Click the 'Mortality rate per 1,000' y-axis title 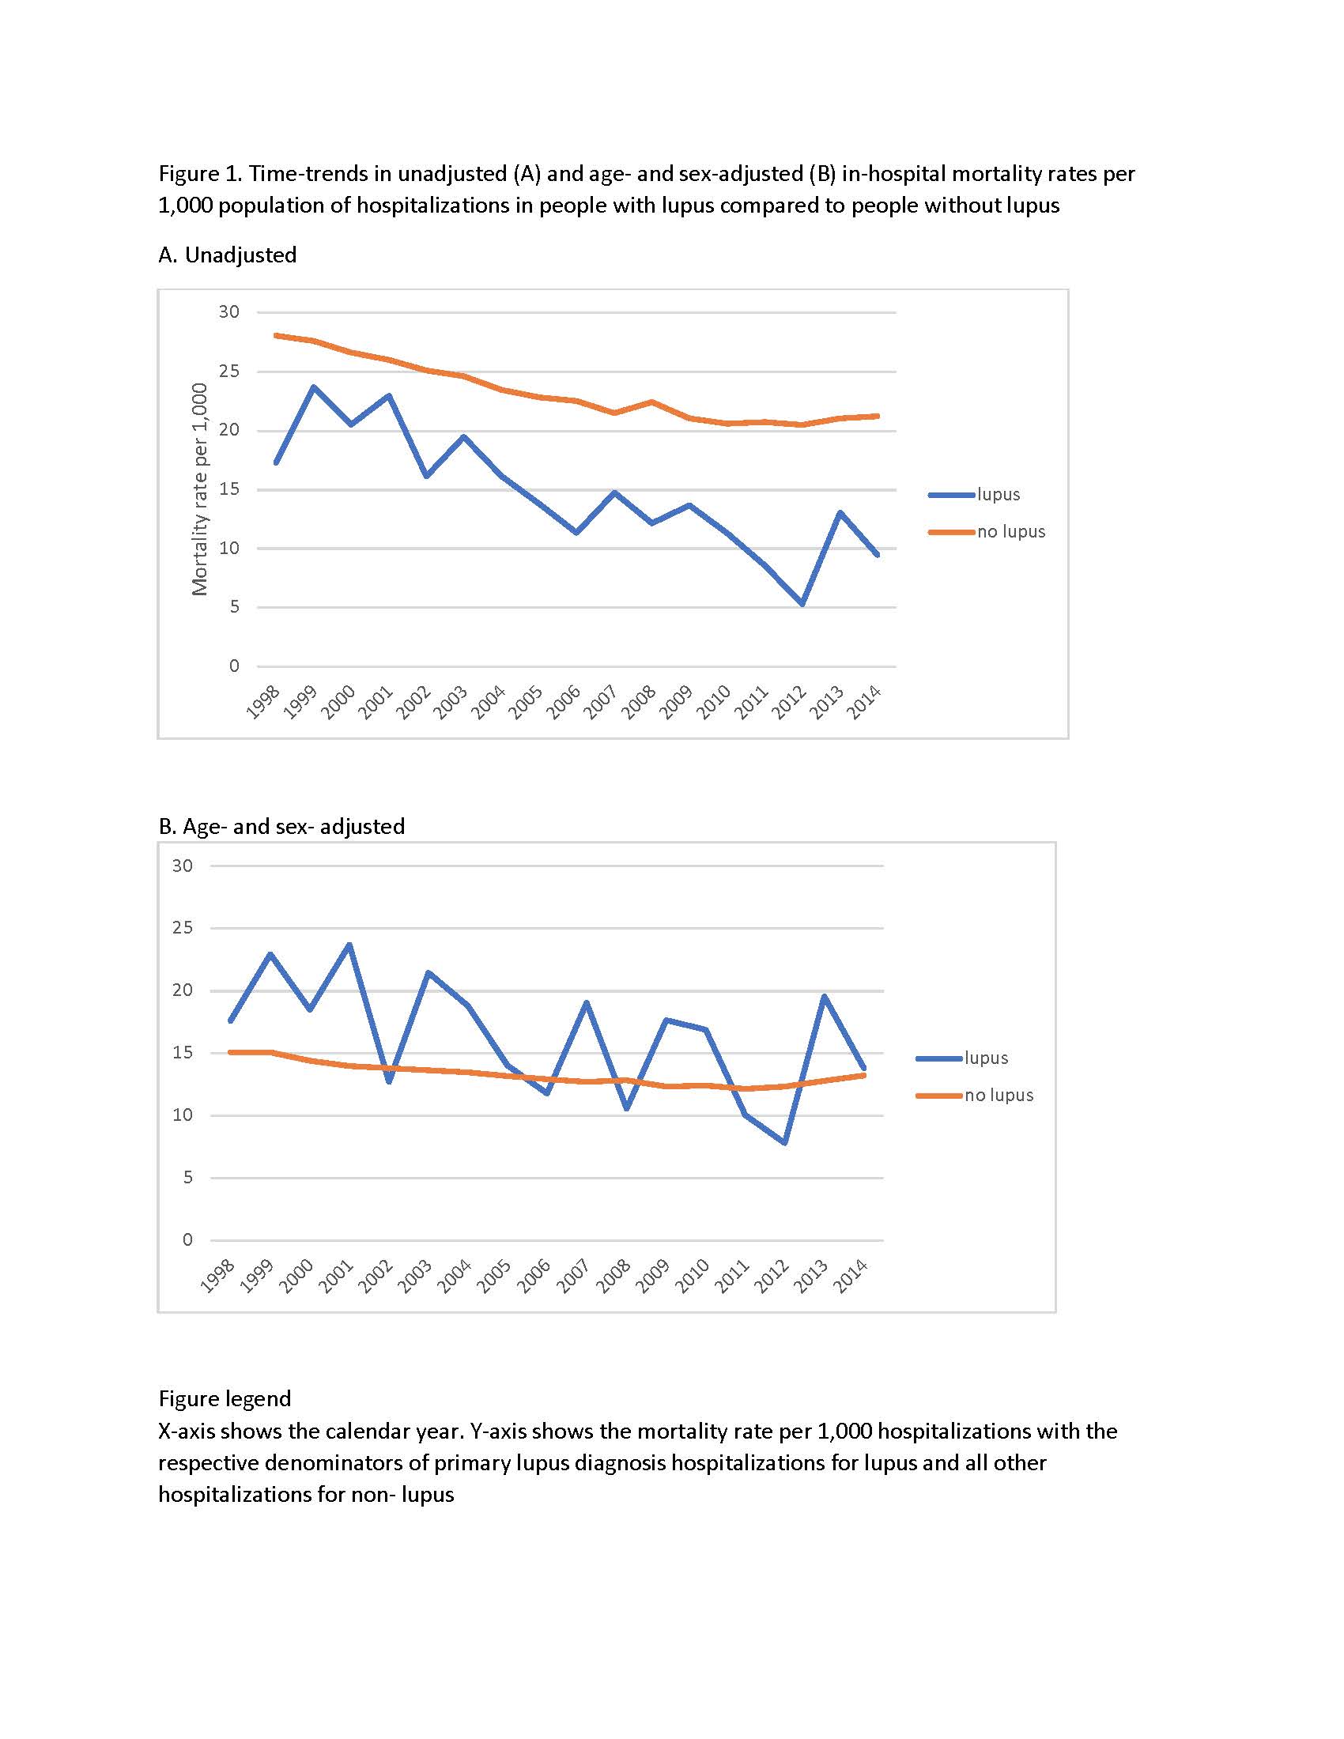pos(200,489)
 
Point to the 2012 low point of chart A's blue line pos(802,604)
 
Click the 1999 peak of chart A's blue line pos(314,387)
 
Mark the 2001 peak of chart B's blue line pos(349,945)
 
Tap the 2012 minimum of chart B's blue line pos(786,1143)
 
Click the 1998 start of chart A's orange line pos(275,335)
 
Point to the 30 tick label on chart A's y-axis pos(229,312)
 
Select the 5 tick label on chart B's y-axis pos(188,1178)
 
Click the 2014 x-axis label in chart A pos(864,702)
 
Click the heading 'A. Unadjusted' pos(228,255)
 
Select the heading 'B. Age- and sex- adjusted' pos(282,827)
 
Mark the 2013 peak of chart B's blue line pos(824,996)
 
